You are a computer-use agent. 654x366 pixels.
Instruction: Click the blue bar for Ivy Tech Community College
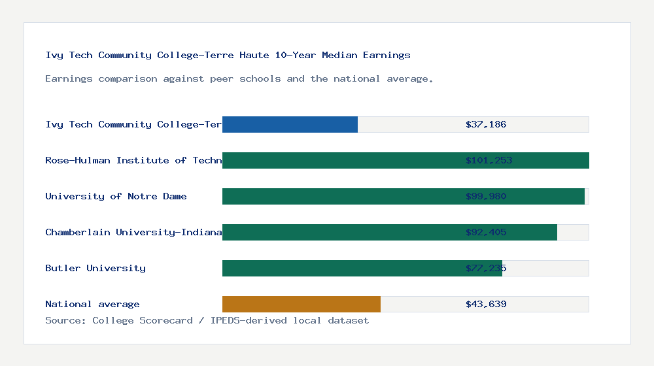[290, 124]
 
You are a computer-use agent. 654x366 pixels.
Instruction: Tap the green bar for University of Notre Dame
[340, 196]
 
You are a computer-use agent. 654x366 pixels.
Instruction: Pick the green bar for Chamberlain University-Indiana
[340, 232]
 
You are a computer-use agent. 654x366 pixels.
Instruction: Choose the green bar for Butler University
[340, 268]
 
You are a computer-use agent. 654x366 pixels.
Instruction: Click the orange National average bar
[301, 304]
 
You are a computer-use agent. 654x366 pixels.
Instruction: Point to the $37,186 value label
[486, 124]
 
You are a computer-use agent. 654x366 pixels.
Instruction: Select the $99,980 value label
[486, 196]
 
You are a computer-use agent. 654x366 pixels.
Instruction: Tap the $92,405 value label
[486, 232]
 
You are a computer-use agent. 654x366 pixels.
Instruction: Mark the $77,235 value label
[486, 268]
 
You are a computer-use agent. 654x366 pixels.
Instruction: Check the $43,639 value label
[486, 304]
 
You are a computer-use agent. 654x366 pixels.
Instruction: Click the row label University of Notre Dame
[116, 196]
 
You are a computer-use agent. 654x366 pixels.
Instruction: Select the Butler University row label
[95, 268]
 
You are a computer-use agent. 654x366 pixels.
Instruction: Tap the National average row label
[92, 304]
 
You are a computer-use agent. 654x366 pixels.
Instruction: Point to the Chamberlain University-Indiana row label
[133, 232]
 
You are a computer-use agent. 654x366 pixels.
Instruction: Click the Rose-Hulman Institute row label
[133, 160]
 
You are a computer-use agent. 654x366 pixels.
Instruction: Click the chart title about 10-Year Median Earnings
[228, 55]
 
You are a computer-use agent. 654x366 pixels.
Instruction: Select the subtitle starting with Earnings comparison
[239, 78]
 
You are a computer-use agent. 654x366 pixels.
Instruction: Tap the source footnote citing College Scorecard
[207, 320]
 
